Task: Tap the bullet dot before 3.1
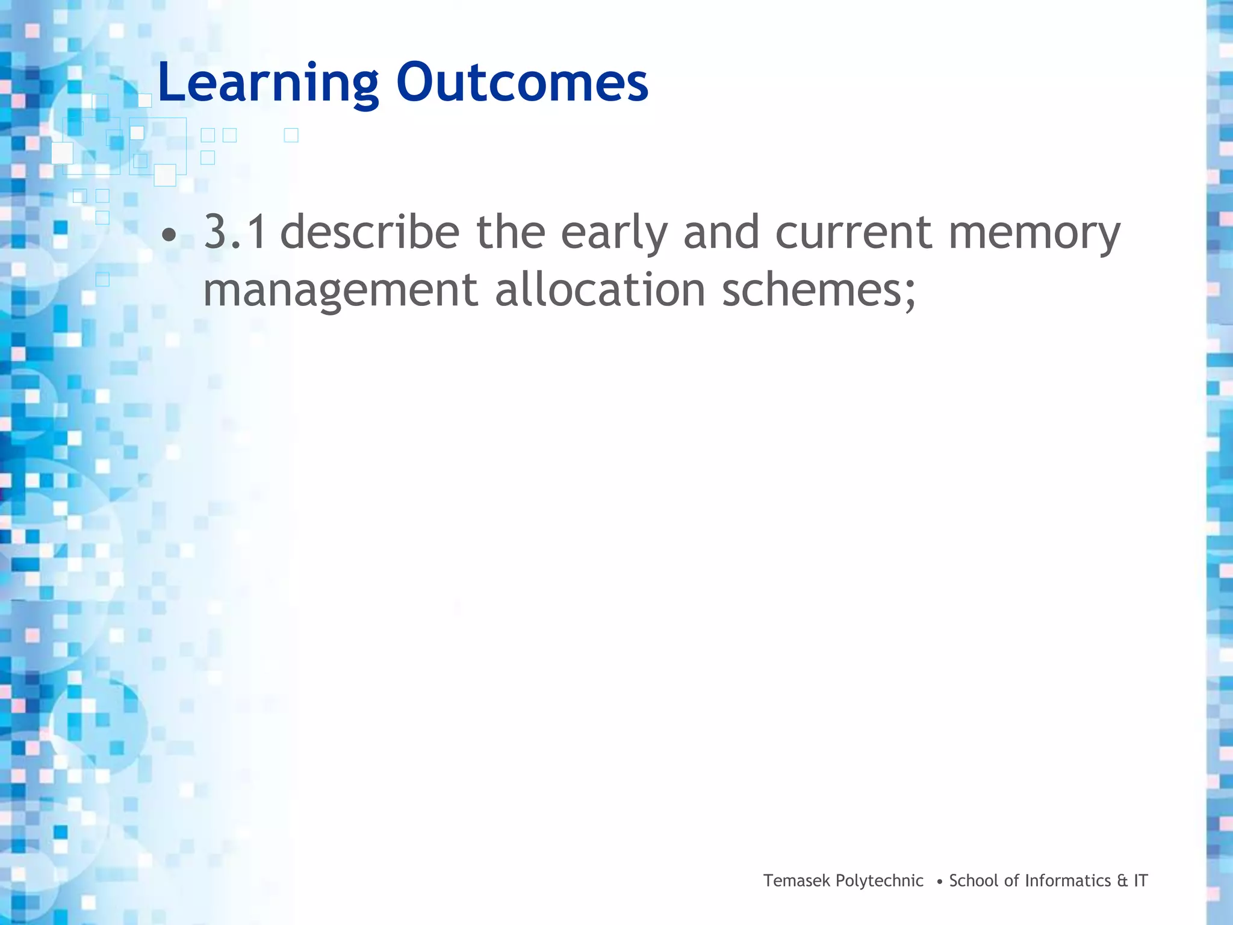point(170,236)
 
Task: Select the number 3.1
point(235,232)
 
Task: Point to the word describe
point(370,232)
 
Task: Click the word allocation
point(600,290)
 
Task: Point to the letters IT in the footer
point(1141,881)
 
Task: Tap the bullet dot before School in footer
point(940,882)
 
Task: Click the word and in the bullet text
point(721,232)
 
